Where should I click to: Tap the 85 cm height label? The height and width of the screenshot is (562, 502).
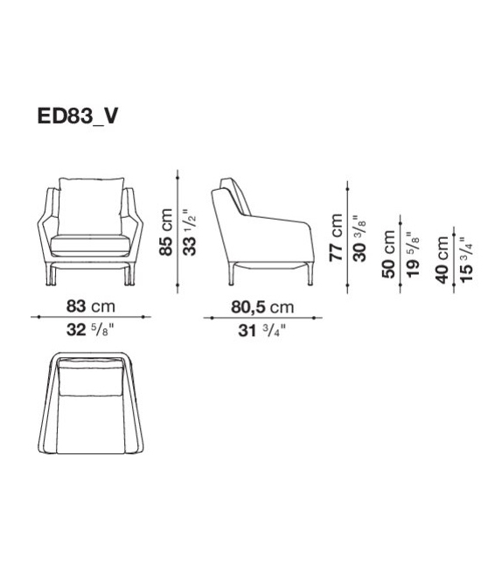point(164,232)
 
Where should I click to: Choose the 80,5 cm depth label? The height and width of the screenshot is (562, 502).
point(260,306)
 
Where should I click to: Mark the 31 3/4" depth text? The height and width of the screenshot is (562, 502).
point(260,330)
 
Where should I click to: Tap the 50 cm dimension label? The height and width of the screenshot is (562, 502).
point(388,256)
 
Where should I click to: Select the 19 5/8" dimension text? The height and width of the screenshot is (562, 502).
point(412,256)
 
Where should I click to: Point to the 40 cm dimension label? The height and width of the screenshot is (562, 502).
point(443,260)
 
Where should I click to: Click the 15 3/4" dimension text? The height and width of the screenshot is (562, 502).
point(466,260)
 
